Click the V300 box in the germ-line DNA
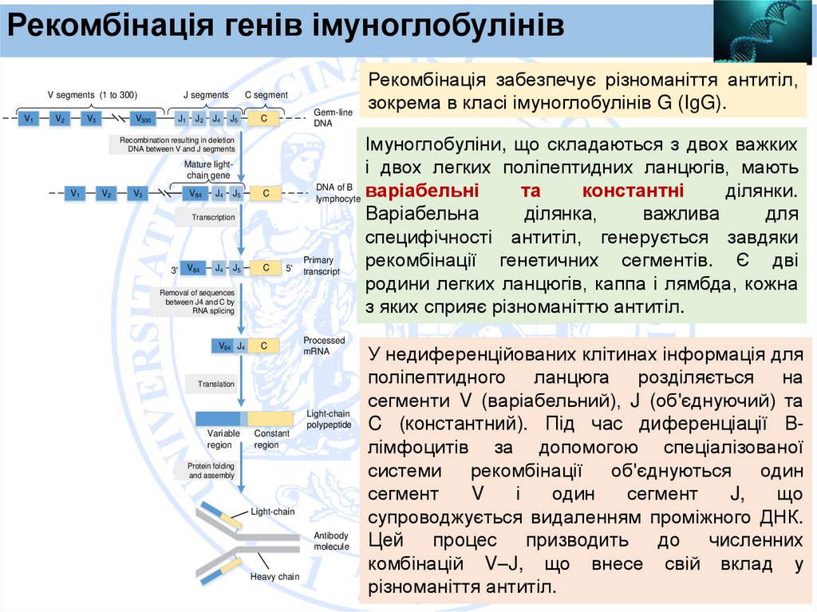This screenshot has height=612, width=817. tap(144, 119)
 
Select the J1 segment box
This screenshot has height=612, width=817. tap(181, 119)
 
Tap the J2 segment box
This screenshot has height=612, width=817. tap(199, 119)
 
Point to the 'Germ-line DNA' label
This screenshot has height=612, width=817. tap(333, 118)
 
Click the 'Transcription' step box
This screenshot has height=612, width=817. tap(213, 217)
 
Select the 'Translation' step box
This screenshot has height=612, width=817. tap(216, 384)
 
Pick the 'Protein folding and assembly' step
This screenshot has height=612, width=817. tap(211, 471)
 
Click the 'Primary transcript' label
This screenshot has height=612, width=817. tap(321, 266)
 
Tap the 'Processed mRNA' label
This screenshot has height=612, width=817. tap(324, 345)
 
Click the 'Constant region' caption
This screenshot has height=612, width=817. tap(266, 440)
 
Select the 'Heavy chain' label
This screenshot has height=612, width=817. tap(274, 577)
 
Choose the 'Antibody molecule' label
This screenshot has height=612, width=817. tap(331, 541)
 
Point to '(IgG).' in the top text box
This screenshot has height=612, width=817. tap(699, 103)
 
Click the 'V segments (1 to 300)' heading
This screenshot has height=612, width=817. tap(92, 94)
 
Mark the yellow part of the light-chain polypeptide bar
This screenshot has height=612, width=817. tap(270, 418)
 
